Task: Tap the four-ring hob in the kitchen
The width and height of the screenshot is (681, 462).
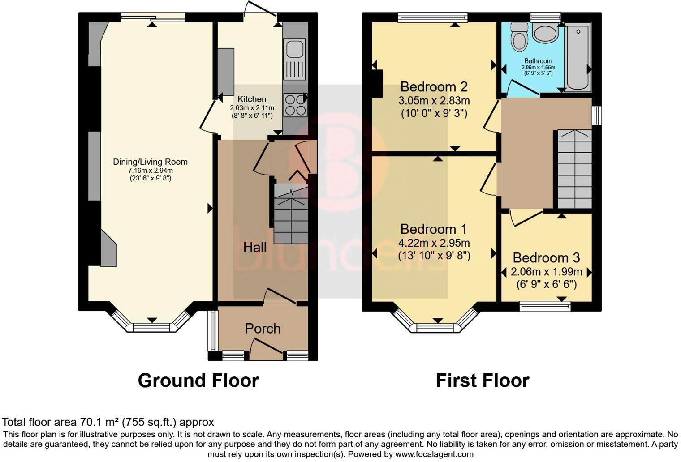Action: point(295,104)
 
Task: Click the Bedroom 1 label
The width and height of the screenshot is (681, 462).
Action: point(433,229)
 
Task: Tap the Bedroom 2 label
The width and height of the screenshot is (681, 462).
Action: point(434,86)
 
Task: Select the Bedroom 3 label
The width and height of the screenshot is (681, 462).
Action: point(546,258)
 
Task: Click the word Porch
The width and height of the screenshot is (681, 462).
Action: point(263,329)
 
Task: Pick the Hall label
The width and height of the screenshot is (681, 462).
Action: point(254,247)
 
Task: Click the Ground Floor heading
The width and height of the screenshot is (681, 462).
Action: point(198,381)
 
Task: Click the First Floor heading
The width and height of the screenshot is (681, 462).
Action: point(482,381)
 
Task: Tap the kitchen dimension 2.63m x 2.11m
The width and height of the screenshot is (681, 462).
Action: point(252,108)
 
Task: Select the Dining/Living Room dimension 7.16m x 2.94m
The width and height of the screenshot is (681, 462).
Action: point(150,171)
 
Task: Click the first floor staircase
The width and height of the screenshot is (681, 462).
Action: point(574,169)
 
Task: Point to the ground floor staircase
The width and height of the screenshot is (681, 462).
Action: point(291,215)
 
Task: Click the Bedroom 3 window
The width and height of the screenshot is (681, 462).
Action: point(545,306)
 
